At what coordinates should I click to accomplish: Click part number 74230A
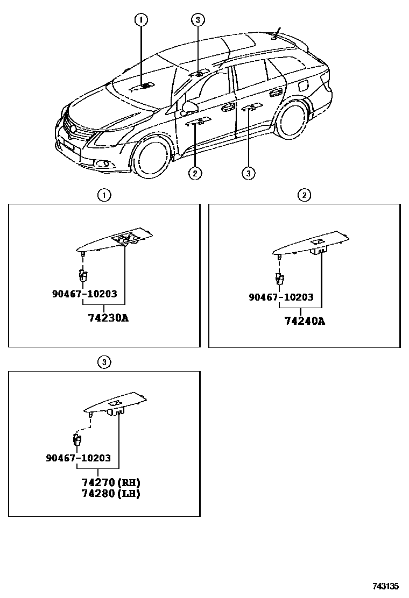(x=108, y=318)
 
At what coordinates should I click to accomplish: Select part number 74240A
(x=305, y=321)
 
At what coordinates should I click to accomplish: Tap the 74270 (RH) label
(x=111, y=482)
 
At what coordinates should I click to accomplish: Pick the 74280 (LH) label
(x=111, y=494)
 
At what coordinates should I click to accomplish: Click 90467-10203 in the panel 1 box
(x=84, y=294)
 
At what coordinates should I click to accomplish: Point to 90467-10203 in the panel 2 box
(x=281, y=297)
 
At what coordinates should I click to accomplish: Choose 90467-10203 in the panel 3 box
(x=78, y=458)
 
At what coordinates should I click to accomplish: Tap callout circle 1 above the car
(x=141, y=19)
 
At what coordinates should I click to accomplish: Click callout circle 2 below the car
(x=195, y=174)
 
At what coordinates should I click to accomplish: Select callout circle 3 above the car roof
(x=198, y=19)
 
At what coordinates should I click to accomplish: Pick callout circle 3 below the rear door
(x=249, y=174)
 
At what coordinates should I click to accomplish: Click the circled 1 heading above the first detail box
(x=104, y=195)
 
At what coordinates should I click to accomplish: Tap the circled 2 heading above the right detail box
(x=304, y=195)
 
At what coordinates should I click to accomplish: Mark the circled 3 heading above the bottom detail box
(x=104, y=362)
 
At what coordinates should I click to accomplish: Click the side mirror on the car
(x=189, y=108)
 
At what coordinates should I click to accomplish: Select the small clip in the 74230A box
(x=83, y=275)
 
